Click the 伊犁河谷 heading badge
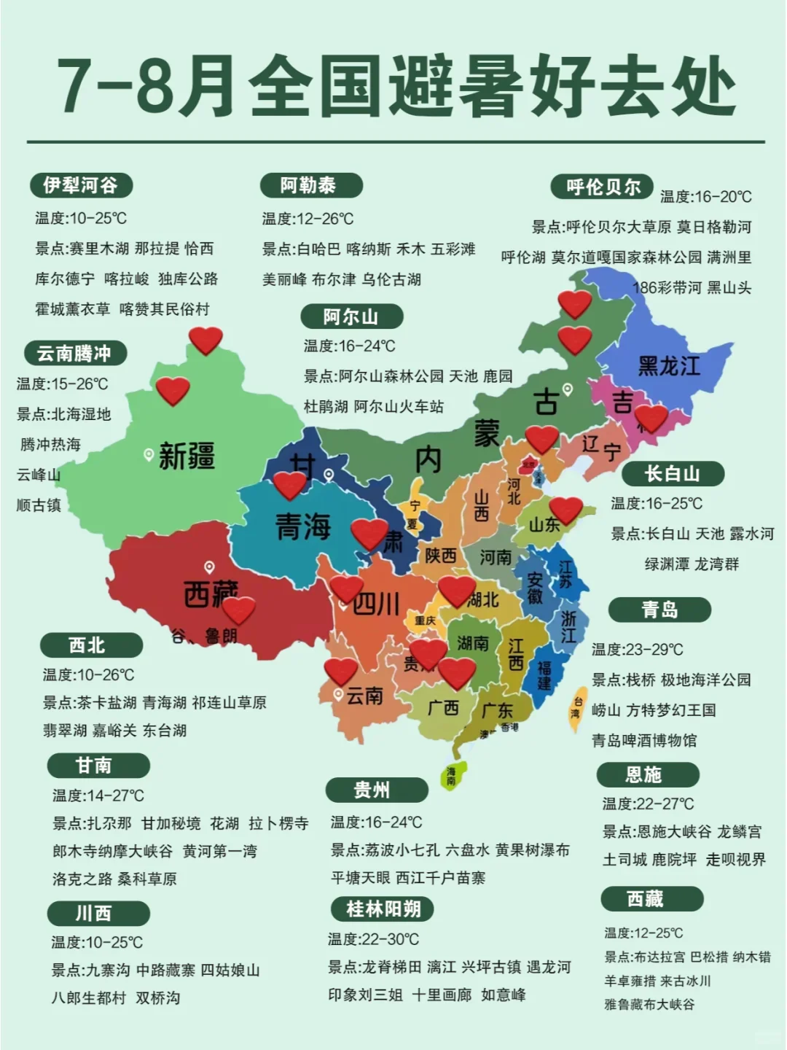tap(81, 185)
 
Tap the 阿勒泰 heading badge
tap(310, 185)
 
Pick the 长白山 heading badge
tap(673, 474)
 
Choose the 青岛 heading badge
tap(659, 609)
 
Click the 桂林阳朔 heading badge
tap(382, 909)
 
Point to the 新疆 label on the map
tap(187, 456)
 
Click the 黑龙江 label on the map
tap(668, 365)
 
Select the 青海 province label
tap(302, 526)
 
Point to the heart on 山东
tap(565, 510)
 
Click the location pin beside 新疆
tap(149, 455)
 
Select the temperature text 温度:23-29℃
tap(637, 649)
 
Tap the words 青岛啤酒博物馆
tap(644, 741)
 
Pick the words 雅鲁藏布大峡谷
tap(649, 1004)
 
